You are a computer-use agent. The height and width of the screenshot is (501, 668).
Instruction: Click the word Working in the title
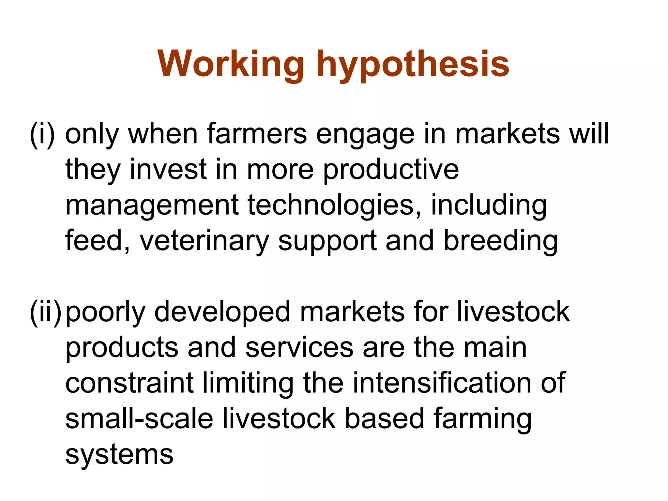[230, 64]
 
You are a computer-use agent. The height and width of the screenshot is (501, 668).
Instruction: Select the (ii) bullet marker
[46, 312]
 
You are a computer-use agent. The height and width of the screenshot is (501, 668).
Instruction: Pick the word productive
[391, 171]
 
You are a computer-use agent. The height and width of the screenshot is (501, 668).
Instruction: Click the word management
[152, 206]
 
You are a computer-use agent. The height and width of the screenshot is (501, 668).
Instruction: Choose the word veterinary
[204, 242]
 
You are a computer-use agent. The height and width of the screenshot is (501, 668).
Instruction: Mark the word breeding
[501, 242]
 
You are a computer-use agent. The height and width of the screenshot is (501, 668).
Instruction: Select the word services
[299, 348]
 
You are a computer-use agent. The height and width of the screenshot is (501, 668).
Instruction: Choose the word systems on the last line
[119, 455]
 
